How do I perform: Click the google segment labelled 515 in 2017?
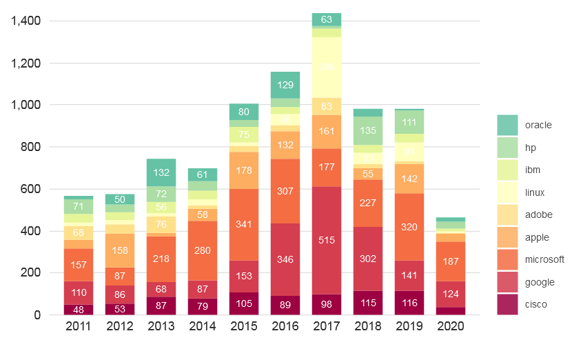pyautogui.click(x=326, y=240)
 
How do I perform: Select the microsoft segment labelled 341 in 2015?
pyautogui.click(x=243, y=224)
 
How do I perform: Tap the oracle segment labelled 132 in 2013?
pyautogui.click(x=161, y=172)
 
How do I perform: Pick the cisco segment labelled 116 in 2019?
pyautogui.click(x=409, y=303)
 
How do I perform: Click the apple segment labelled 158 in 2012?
pyautogui.click(x=119, y=250)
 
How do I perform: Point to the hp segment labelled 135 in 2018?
pyautogui.click(x=367, y=130)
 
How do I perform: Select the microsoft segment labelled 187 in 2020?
pyautogui.click(x=450, y=261)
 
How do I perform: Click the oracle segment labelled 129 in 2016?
pyautogui.click(x=285, y=85)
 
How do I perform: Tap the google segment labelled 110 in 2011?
pyautogui.click(x=78, y=292)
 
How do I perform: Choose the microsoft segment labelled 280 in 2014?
pyautogui.click(x=202, y=250)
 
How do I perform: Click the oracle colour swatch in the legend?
pyautogui.click(x=507, y=125)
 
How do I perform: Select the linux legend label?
pyautogui.click(x=535, y=192)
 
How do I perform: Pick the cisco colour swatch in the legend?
pyautogui.click(x=507, y=304)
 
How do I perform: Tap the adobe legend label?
pyautogui.click(x=537, y=214)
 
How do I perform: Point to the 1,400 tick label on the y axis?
pyautogui.click(x=26, y=21)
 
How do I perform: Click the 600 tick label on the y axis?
pyautogui.click(x=31, y=189)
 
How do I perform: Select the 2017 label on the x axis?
pyautogui.click(x=326, y=326)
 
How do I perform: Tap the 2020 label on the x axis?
pyautogui.click(x=450, y=326)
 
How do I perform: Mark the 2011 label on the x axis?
pyautogui.click(x=78, y=326)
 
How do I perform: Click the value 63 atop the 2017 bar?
pyautogui.click(x=326, y=19)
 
